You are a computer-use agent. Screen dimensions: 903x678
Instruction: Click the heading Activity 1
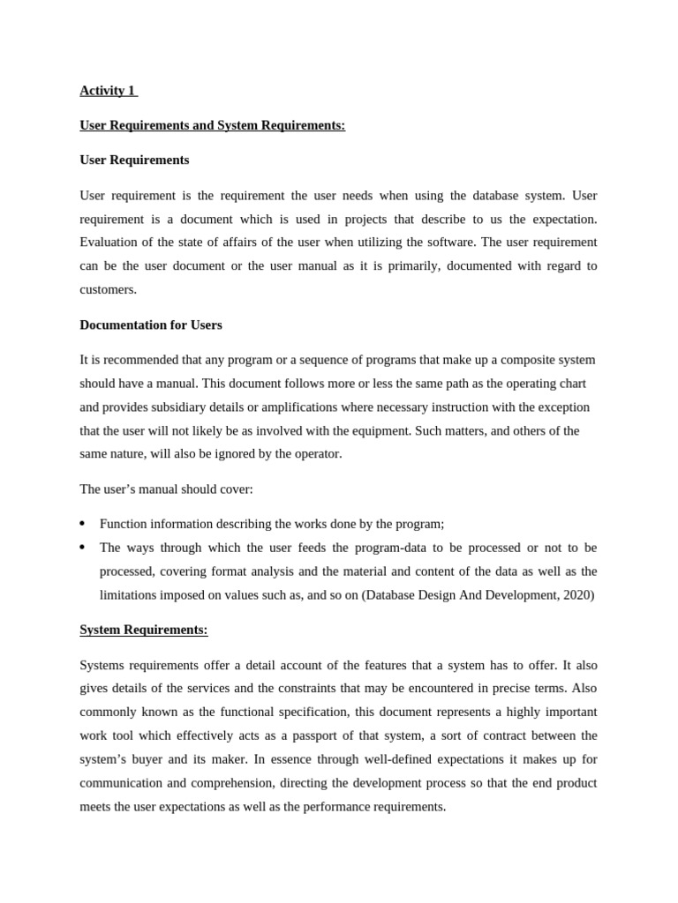click(107, 90)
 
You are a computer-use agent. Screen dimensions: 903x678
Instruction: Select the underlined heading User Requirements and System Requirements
click(212, 125)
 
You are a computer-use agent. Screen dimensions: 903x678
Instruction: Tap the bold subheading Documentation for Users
click(151, 325)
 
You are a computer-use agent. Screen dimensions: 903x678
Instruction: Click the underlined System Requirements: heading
click(143, 630)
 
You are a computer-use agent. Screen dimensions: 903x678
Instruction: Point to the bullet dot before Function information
click(83, 524)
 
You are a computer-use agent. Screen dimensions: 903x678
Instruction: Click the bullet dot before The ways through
click(83, 548)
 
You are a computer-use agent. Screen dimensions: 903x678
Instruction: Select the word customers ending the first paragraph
click(108, 289)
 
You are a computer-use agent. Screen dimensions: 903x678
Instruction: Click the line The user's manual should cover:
click(166, 489)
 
